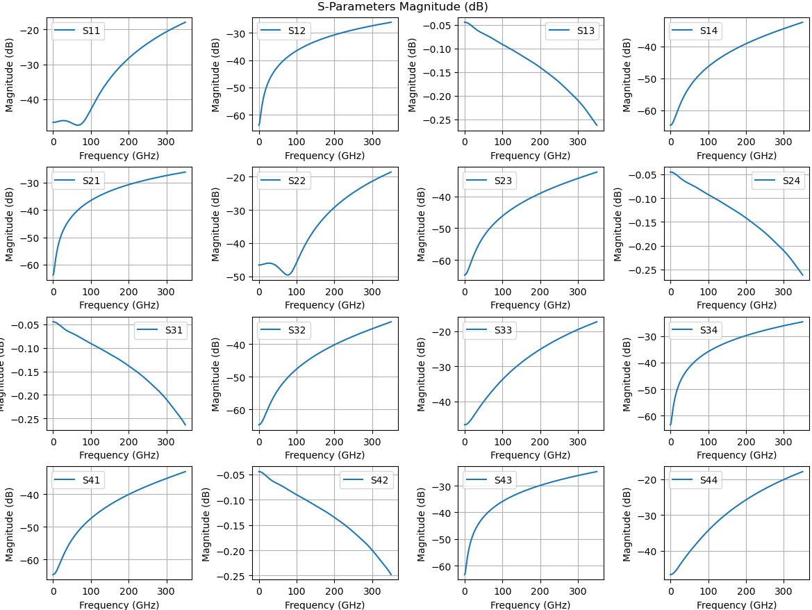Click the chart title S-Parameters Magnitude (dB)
click(x=402, y=7)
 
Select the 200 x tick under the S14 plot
click(x=746, y=143)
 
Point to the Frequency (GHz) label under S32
click(x=324, y=455)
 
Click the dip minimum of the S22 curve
click(x=288, y=275)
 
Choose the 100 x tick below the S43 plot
click(x=502, y=593)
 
